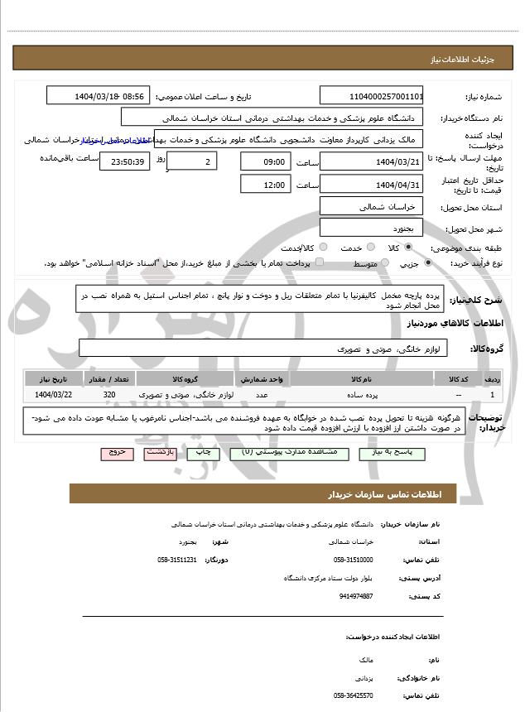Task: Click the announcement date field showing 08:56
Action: tap(99, 96)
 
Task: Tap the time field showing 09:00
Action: tap(265, 161)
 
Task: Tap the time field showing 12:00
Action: tap(265, 185)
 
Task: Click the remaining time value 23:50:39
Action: tap(125, 161)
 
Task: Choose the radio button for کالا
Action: tap(408, 248)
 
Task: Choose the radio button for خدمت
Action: tap(369, 248)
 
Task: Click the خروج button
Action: tap(114, 453)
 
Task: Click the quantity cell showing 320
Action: tap(109, 394)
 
